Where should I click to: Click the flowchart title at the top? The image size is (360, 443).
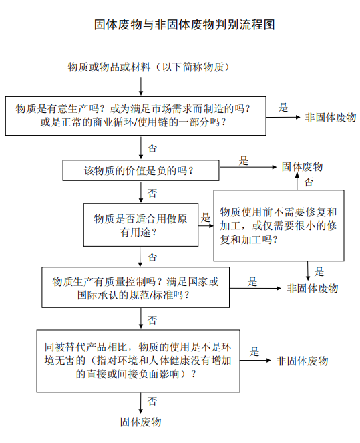184,25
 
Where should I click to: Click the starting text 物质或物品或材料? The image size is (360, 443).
109,67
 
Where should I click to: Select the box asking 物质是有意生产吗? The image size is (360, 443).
136,116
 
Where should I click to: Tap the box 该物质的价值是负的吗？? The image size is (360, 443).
141,170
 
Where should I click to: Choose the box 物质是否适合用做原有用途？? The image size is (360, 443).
141,225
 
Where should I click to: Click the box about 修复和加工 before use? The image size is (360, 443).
279,225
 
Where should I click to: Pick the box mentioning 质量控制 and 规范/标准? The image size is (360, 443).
136,287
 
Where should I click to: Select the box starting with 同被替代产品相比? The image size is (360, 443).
138,361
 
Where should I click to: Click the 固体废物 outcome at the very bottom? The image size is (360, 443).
141,422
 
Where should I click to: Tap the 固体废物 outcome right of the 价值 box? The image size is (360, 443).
302,166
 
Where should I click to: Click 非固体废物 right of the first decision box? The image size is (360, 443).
331,117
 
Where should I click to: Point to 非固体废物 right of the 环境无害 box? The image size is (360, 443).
302,361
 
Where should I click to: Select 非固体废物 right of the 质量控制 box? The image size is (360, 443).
313,288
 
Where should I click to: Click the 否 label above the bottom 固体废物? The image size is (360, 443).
152,401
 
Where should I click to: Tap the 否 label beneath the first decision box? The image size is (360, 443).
152,148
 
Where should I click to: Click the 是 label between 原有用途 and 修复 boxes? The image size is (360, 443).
206,218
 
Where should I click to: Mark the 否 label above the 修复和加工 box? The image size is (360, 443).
309,182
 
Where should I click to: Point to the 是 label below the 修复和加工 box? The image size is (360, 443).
319,271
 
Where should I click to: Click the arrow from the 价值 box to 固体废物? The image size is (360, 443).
248,167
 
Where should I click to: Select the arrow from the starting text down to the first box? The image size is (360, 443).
141,86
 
